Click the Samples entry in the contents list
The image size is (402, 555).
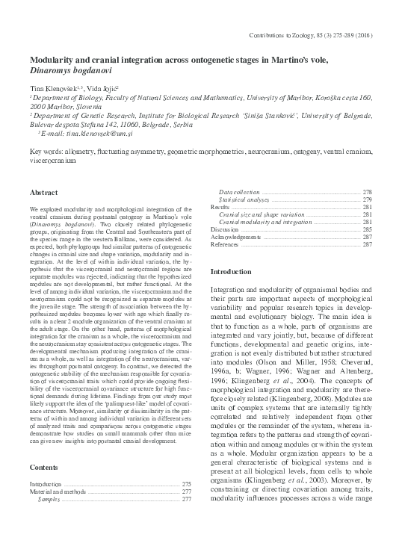pos(49,498)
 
